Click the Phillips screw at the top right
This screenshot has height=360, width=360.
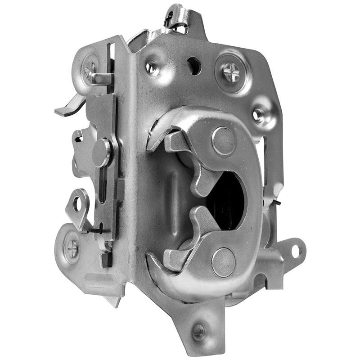pos(233,71)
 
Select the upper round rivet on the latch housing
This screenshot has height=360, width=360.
pos(224,141)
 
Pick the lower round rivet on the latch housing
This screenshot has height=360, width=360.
pos(223,262)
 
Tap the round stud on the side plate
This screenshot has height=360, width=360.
pos(102,152)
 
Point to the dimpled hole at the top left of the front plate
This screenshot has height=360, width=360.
pos(151,68)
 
